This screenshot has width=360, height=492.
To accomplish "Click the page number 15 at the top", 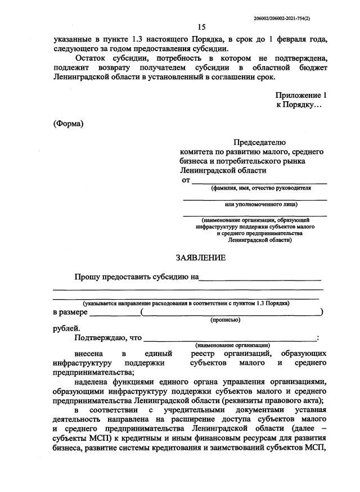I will (x=201, y=28).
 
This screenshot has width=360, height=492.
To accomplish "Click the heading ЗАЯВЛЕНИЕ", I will (x=201, y=258).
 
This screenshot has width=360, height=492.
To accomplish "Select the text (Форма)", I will (x=68, y=124).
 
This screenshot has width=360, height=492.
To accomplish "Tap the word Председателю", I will (x=260, y=142).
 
